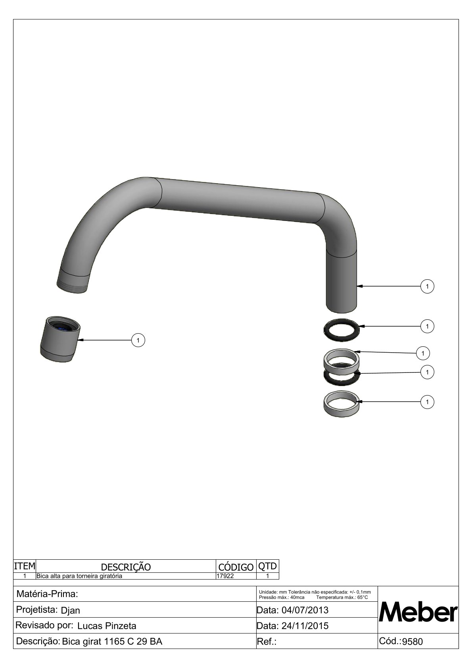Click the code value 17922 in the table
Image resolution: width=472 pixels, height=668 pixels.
225,576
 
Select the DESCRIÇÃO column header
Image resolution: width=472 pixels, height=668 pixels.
126,567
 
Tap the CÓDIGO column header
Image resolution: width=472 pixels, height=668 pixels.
236,567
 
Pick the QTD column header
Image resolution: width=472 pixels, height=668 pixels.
267,566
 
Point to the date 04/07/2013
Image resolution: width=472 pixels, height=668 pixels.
305,610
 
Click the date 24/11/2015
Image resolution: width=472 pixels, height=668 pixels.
305,626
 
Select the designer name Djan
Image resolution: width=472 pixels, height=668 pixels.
70,610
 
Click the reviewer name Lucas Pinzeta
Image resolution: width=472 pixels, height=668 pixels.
107,626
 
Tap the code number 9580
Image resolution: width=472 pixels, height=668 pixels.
413,641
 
